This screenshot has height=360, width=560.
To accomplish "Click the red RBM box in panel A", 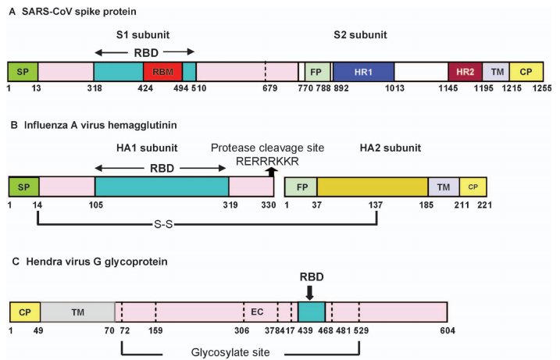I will [x=162, y=72].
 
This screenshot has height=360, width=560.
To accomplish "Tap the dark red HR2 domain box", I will [x=465, y=72].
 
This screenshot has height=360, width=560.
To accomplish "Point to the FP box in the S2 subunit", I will [x=317, y=72].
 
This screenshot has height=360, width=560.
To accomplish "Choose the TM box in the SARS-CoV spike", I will [x=497, y=72].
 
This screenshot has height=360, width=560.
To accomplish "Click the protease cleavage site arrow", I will [x=271, y=169].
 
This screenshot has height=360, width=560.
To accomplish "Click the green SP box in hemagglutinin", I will [x=23, y=187].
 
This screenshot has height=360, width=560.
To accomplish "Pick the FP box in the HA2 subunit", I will [x=301, y=187].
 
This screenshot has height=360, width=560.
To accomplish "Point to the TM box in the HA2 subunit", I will [x=444, y=187].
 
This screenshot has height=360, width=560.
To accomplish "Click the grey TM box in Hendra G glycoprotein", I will [x=77, y=312].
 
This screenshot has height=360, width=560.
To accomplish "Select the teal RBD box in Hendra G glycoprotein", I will [x=311, y=312].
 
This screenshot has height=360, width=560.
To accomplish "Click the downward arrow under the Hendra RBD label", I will [x=310, y=292].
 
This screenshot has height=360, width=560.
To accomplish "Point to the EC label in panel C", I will [x=257, y=312].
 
